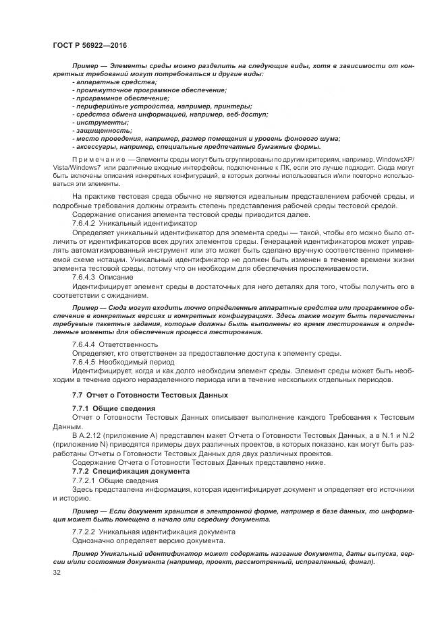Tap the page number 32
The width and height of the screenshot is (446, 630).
pos(57,571)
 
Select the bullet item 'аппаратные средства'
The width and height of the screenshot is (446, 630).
pos(107,82)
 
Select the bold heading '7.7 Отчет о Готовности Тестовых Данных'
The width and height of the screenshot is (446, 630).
pos(150,394)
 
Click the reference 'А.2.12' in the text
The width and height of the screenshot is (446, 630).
pos(93,435)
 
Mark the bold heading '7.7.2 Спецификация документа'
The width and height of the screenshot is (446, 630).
pos(130,471)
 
